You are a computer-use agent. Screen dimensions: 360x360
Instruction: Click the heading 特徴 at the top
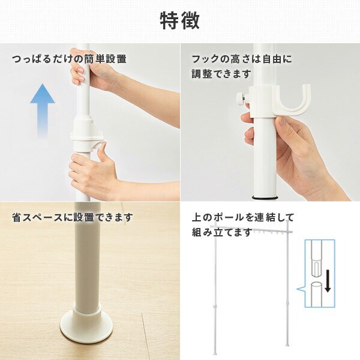[179, 21]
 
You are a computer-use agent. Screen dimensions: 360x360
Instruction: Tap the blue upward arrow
[43, 110]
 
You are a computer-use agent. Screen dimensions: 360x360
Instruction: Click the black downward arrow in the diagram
[328, 281]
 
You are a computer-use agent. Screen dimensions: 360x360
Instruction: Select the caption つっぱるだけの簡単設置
[69, 59]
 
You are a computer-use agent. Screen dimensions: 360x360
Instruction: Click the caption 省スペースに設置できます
[73, 217]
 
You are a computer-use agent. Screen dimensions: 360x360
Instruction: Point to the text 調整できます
[221, 74]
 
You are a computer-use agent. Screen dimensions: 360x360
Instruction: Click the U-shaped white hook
[292, 101]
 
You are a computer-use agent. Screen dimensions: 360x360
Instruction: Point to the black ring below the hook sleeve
[264, 197]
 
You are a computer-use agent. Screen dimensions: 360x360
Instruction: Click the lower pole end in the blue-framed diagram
[316, 295]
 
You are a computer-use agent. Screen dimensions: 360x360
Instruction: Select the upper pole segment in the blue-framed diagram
[316, 258]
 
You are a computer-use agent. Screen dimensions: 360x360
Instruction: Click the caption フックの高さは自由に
[242, 59]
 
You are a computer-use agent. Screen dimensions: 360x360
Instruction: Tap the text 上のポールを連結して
[243, 217]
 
